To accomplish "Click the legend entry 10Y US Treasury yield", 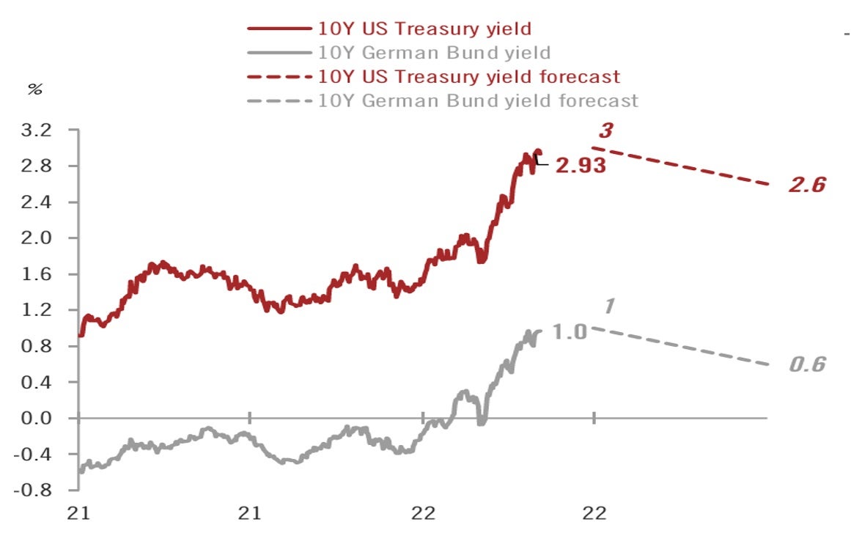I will pyautogui.click(x=424, y=29).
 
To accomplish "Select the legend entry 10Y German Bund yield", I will pyautogui.click(x=435, y=53).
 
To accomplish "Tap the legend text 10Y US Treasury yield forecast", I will pyautogui.click(x=469, y=76).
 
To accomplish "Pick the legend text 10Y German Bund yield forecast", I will pyautogui.click(x=479, y=100).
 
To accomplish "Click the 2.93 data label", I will pyautogui.click(x=581, y=166).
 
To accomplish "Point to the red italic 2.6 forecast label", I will pyautogui.click(x=807, y=185).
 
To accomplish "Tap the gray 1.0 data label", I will pyautogui.click(x=570, y=332).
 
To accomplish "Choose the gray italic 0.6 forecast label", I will pyautogui.click(x=807, y=364).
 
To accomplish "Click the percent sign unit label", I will pyautogui.click(x=34, y=89).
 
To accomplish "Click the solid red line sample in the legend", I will pyautogui.click(x=278, y=29).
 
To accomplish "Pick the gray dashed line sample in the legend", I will pyautogui.click(x=278, y=100).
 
